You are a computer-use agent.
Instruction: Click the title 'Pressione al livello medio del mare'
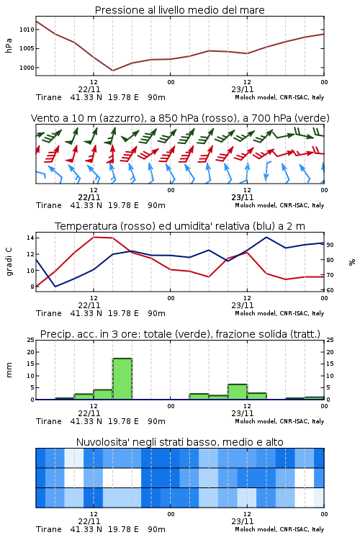[179, 10]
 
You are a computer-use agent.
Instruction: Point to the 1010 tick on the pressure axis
[27, 30]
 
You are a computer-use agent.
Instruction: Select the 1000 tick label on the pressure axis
[27, 68]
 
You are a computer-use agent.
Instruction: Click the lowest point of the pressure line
[112, 71]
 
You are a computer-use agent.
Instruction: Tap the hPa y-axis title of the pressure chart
[9, 46]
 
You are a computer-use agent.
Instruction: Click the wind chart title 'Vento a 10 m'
[180, 118]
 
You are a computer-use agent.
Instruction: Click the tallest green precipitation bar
[122, 379]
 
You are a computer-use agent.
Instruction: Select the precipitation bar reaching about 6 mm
[238, 392]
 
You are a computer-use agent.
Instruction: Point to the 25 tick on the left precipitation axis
[31, 340]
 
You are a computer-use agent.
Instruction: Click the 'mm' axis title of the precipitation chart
[9, 370]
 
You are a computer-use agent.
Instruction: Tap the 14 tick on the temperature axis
[30, 238]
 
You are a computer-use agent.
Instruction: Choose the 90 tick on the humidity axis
[330, 245]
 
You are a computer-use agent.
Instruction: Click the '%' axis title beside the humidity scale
[352, 262]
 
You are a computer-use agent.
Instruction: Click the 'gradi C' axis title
[9, 262]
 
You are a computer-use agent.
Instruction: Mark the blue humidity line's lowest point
[55, 287]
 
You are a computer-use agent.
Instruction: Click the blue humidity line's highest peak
[266, 237]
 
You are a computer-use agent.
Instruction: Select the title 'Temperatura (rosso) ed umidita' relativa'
[180, 226]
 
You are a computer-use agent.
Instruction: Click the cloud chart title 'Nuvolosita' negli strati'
[180, 442]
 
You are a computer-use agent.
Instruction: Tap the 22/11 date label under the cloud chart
[89, 521]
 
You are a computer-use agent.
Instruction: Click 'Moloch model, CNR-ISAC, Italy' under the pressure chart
[279, 97]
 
